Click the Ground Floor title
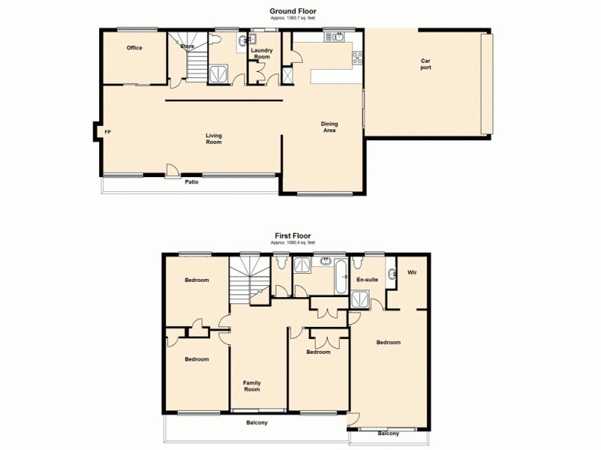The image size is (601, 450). click(291, 10)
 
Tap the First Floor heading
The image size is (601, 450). click(291, 235)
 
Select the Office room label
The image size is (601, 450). click(134, 48)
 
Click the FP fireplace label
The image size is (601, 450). click(107, 132)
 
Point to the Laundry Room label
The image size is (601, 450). click(261, 54)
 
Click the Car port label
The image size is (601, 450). click(426, 64)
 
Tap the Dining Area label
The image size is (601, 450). click(329, 127)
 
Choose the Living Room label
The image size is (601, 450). click(214, 139)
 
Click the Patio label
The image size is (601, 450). click(193, 181)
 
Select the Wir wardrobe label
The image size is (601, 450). click(412, 272)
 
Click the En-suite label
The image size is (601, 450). click(367, 280)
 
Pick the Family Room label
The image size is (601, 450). click(252, 386)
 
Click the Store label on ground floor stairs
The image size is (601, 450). click(188, 46)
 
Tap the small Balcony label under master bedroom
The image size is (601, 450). click(388, 433)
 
